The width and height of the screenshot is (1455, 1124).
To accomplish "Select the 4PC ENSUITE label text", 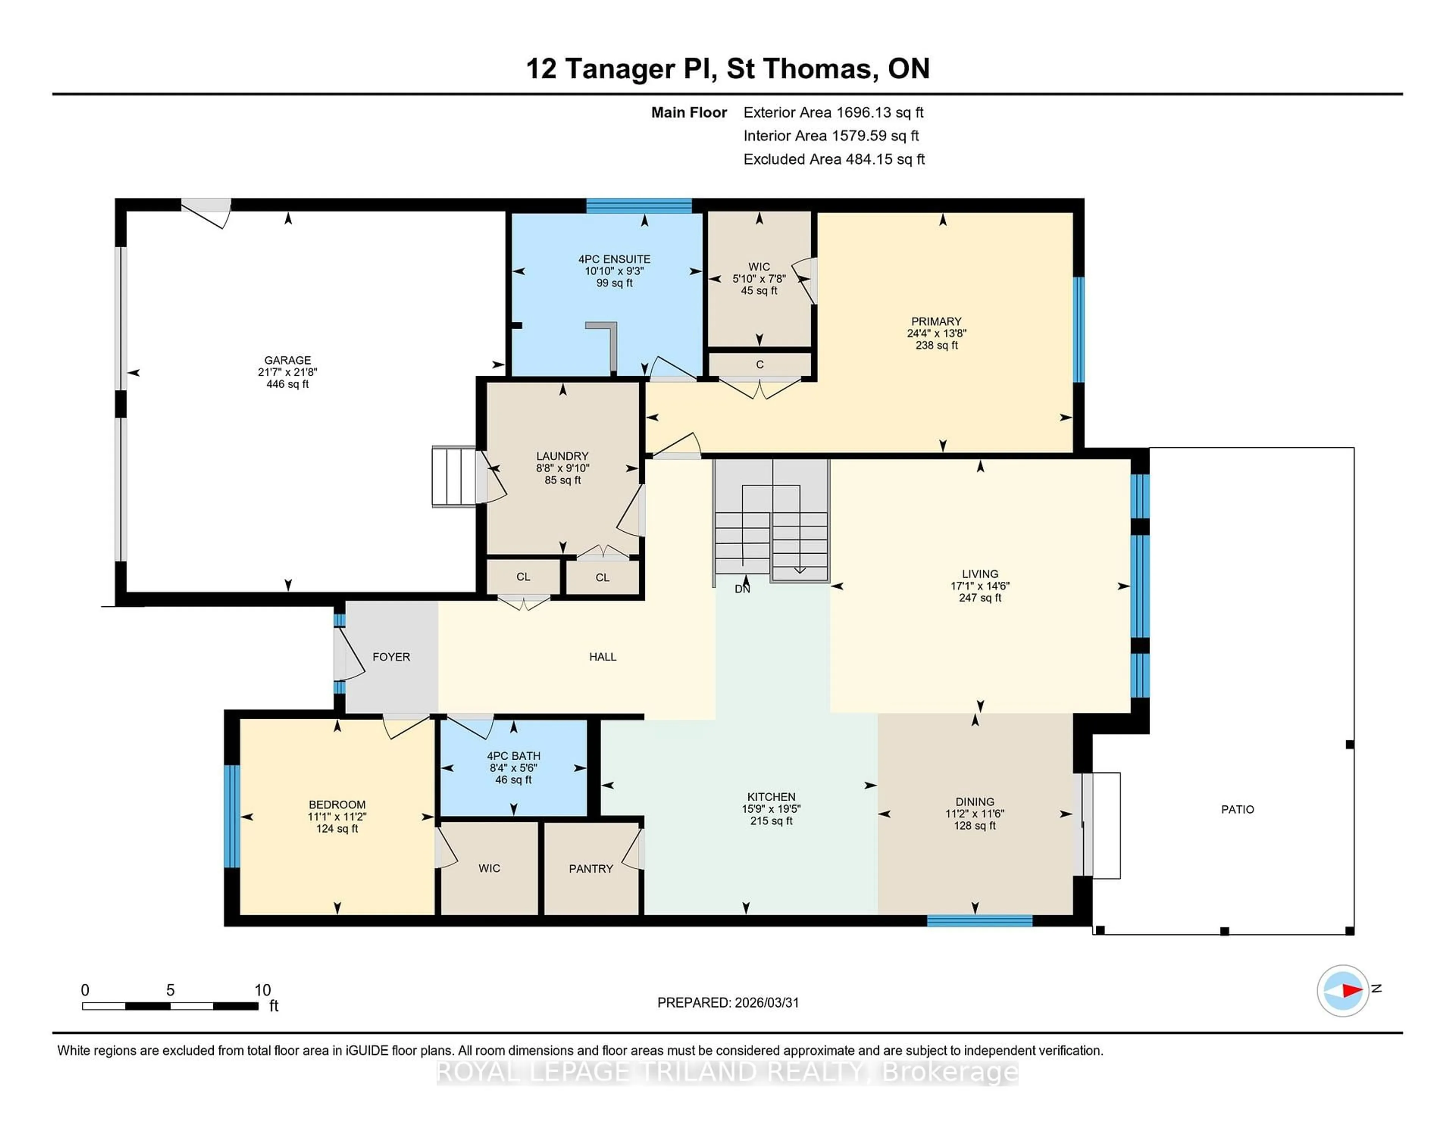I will tap(613, 259).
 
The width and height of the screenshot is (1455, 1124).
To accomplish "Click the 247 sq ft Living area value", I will tap(979, 598).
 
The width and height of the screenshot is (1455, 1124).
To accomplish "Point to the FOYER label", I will tap(391, 657).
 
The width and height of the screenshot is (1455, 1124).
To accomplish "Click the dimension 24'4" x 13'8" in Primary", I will tap(936, 334).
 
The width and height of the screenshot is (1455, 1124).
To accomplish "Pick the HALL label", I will tap(602, 657).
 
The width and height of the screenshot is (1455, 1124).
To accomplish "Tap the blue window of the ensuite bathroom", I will tap(638, 205).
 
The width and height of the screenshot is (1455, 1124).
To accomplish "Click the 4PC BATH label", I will tap(513, 756).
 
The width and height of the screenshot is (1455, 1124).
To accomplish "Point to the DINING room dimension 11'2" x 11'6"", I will tap(974, 814).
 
